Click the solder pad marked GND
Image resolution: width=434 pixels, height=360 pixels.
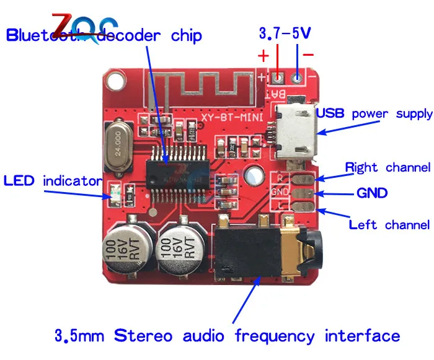[303, 193]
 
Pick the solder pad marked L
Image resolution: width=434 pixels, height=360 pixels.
[303, 206]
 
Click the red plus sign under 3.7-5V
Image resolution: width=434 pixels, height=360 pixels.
[263, 56]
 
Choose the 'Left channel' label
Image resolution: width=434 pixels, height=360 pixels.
[389, 224]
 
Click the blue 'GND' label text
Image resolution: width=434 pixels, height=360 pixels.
[371, 193]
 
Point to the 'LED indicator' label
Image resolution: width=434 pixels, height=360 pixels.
[52, 164]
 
